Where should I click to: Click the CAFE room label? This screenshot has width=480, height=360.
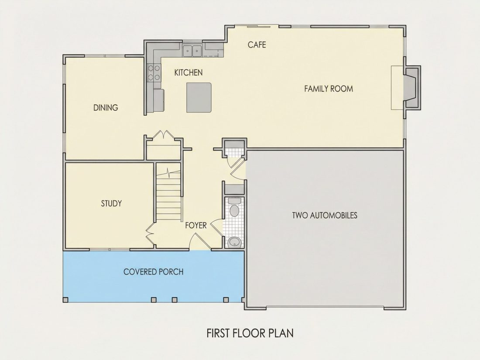pos(257,45)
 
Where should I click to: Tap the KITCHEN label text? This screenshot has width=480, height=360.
pos(188,72)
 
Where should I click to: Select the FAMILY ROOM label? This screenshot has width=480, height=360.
pos(329,89)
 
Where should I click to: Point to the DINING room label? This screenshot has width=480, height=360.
pos(106,107)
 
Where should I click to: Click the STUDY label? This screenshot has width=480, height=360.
pos(111,203)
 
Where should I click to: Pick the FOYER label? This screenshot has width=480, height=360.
pos(195,226)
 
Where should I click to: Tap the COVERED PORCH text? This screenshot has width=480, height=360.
pos(153,272)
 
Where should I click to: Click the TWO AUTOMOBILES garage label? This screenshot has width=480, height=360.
pos(325,215)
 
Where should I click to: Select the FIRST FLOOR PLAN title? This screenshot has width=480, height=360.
pos(250,333)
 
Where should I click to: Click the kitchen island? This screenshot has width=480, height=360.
pos(199,97)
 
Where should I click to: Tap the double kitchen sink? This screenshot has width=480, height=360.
pos(192,51)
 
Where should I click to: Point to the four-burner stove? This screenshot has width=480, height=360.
pos(154,72)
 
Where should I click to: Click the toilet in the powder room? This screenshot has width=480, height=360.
pos(235,208)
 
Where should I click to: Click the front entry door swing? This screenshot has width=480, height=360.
pos(200,242)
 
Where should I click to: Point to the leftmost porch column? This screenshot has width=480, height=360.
pos(65,300)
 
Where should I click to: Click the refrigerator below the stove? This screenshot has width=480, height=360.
pos(158,100)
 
